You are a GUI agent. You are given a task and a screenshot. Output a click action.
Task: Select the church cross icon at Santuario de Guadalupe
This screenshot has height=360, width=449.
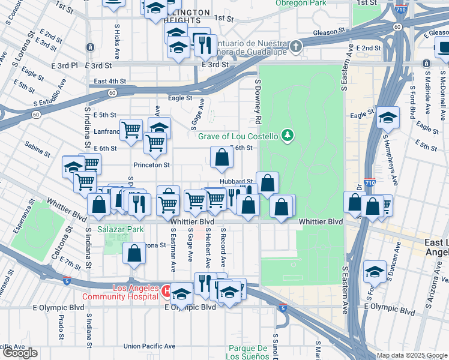point(295,46)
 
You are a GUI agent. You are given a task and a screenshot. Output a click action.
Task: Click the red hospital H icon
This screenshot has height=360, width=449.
point(166,292)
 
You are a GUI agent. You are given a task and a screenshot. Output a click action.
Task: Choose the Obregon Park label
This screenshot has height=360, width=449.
point(301,3)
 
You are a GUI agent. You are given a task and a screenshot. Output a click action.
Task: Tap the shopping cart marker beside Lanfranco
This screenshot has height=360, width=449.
point(131,129)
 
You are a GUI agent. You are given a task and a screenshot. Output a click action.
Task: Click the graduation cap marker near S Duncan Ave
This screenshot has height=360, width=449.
point(375,272)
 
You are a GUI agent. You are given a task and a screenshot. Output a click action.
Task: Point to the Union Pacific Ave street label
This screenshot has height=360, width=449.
point(149,346)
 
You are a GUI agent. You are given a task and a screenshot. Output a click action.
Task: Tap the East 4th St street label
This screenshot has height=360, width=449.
point(110,81)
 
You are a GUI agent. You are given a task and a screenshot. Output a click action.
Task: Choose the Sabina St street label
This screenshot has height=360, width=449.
point(37,149)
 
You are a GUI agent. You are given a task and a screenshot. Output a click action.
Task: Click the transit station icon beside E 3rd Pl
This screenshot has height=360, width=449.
point(90,47)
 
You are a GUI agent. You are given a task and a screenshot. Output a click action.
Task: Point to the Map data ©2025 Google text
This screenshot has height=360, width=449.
point(411,355)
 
